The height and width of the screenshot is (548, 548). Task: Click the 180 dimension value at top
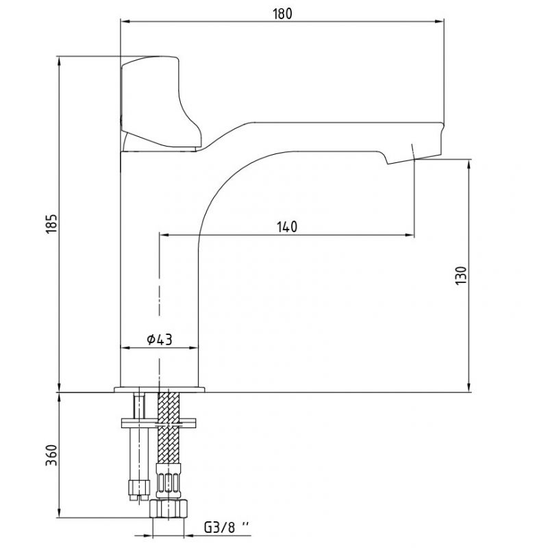(282, 14)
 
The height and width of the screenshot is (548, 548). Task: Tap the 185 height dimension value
(51, 223)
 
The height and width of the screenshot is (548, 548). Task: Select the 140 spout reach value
(287, 227)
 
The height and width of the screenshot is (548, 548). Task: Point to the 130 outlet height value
(461, 276)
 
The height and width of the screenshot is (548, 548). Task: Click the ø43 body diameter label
(160, 339)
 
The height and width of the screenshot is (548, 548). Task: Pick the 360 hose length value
(51, 455)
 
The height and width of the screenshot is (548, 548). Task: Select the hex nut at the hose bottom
(169, 508)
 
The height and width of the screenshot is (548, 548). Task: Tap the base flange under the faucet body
(160, 389)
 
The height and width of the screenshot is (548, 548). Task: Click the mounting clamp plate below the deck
(158, 423)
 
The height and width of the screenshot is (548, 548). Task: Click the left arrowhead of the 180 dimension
(125, 22)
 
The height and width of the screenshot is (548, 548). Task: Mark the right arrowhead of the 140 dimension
(410, 235)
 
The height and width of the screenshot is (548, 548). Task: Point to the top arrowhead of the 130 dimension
(469, 164)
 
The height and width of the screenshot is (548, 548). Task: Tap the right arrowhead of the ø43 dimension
(193, 348)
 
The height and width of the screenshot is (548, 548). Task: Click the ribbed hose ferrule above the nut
(169, 482)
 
